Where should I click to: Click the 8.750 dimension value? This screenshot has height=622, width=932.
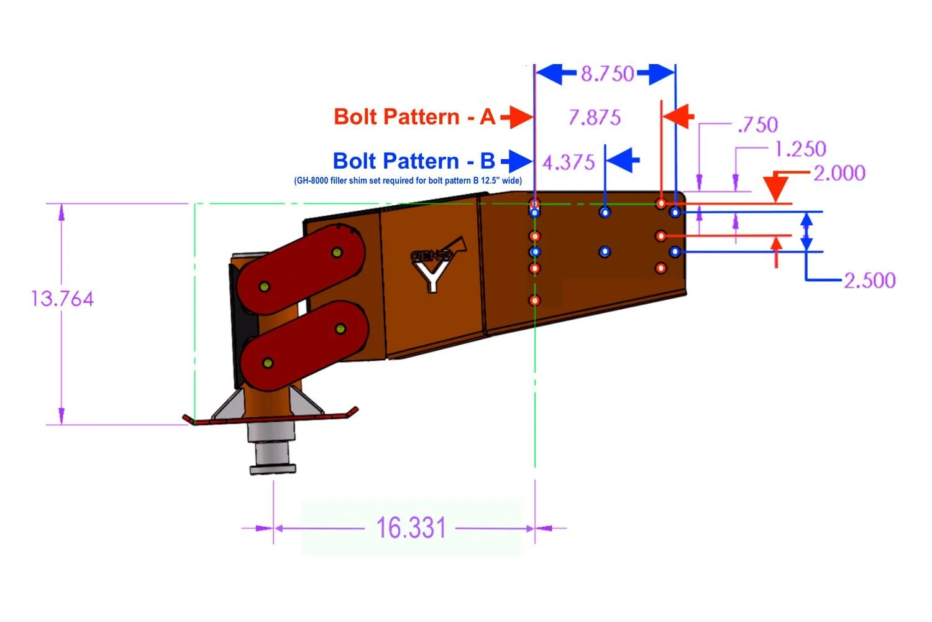tap(607, 74)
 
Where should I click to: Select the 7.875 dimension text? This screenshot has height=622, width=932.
tap(595, 117)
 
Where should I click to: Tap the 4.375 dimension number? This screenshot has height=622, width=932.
tap(569, 162)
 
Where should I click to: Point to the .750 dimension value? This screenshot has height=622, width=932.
tap(757, 124)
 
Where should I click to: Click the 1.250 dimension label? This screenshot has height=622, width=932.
tap(800, 149)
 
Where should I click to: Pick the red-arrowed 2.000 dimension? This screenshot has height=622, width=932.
tap(839, 173)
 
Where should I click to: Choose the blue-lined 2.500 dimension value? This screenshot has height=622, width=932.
tap(869, 280)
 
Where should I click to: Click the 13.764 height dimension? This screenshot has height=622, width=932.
tap(62, 299)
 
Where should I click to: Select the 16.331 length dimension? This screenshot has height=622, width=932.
tap(411, 528)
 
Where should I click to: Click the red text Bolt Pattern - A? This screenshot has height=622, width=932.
tap(414, 117)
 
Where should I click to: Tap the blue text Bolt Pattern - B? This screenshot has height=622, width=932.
tap(414, 161)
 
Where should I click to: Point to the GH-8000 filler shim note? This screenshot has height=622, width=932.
tap(408, 181)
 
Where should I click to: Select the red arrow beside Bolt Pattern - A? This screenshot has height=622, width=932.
tap(517, 117)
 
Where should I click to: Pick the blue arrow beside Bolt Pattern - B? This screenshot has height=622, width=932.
tap(517, 162)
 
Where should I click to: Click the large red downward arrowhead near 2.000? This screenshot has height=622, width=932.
tap(776, 187)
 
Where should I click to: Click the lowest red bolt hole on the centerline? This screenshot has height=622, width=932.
tap(535, 301)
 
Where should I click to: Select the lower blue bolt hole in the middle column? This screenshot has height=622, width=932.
tap(605, 252)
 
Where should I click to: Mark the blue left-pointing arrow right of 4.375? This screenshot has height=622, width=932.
tap(623, 161)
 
